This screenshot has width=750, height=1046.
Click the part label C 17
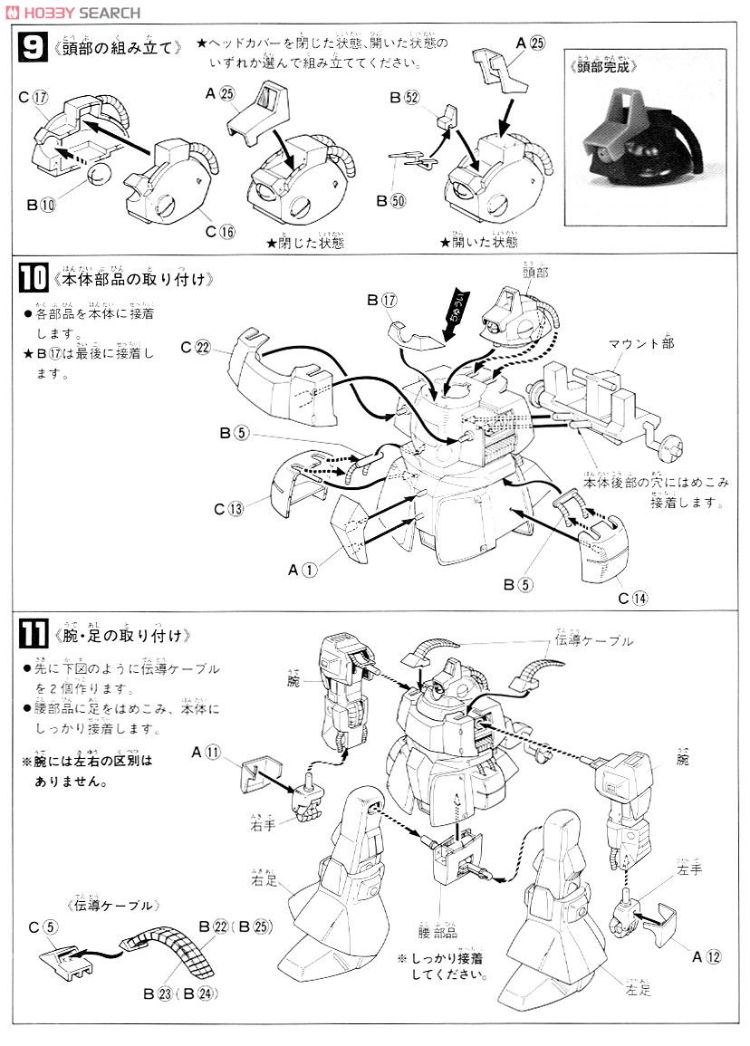32,97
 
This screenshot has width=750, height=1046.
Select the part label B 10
41,205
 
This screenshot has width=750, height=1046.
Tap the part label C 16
220,231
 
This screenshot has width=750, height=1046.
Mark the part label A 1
303,570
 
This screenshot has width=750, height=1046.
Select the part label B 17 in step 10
384,299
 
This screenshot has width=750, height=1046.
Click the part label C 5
43,926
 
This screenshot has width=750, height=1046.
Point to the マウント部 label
641,344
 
